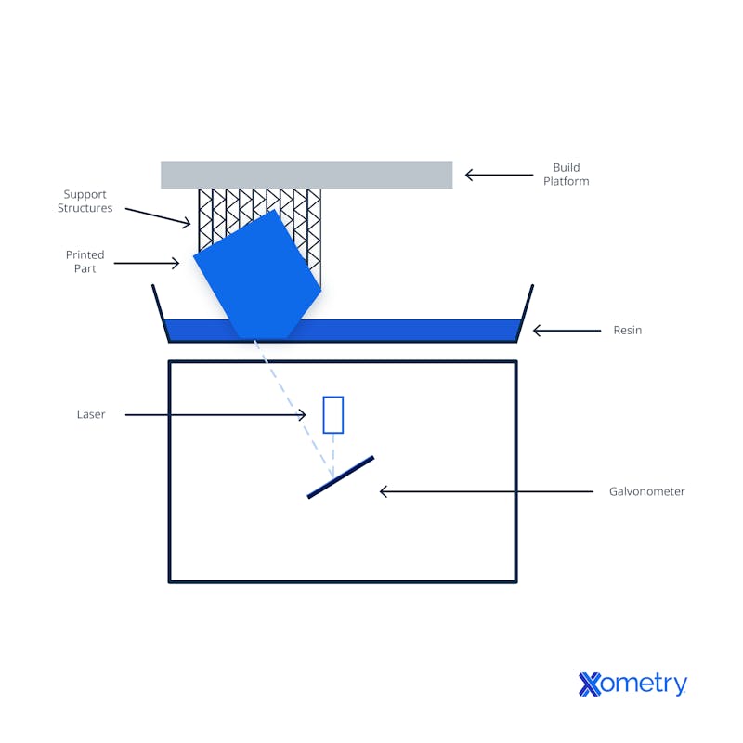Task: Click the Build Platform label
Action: (566, 175)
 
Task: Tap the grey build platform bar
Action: (306, 175)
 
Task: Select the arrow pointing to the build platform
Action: (496, 175)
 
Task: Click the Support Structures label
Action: (85, 202)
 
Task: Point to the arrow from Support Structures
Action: (158, 216)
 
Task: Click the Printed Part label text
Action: (85, 261)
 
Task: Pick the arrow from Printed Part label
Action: (150, 264)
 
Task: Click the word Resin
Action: (627, 330)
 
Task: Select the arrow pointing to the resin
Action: (567, 330)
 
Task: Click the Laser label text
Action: (91, 414)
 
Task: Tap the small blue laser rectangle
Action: (332, 414)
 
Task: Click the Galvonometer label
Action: (646, 491)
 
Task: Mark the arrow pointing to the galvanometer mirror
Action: (488, 491)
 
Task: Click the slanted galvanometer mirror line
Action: (341, 476)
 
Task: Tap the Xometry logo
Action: (632, 684)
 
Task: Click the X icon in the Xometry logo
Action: (590, 684)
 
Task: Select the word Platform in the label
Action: (566, 181)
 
